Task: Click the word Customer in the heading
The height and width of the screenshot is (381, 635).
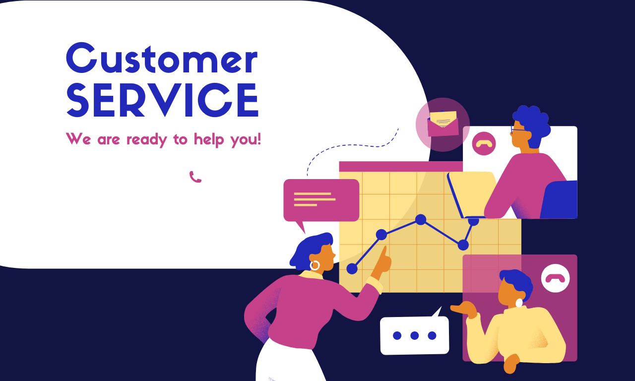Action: (162, 60)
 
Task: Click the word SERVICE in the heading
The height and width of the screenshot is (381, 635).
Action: (162, 100)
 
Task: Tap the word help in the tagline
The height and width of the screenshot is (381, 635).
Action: (212, 139)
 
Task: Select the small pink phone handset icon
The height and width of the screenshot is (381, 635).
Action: (195, 177)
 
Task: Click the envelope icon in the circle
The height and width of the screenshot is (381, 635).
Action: (443, 123)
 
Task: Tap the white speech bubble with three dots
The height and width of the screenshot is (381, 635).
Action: (414, 335)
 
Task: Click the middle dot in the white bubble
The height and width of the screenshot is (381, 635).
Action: (414, 335)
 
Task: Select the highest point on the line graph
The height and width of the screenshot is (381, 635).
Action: (421, 219)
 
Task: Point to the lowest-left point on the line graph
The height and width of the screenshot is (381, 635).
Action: (352, 268)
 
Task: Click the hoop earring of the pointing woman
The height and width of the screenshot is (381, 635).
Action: (315, 265)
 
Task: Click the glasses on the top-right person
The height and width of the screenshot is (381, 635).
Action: (517, 130)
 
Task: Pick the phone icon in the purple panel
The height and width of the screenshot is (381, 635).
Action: (555, 278)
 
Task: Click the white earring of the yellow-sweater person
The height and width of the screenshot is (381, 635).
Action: (519, 303)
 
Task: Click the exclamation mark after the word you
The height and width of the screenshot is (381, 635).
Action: (258, 138)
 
